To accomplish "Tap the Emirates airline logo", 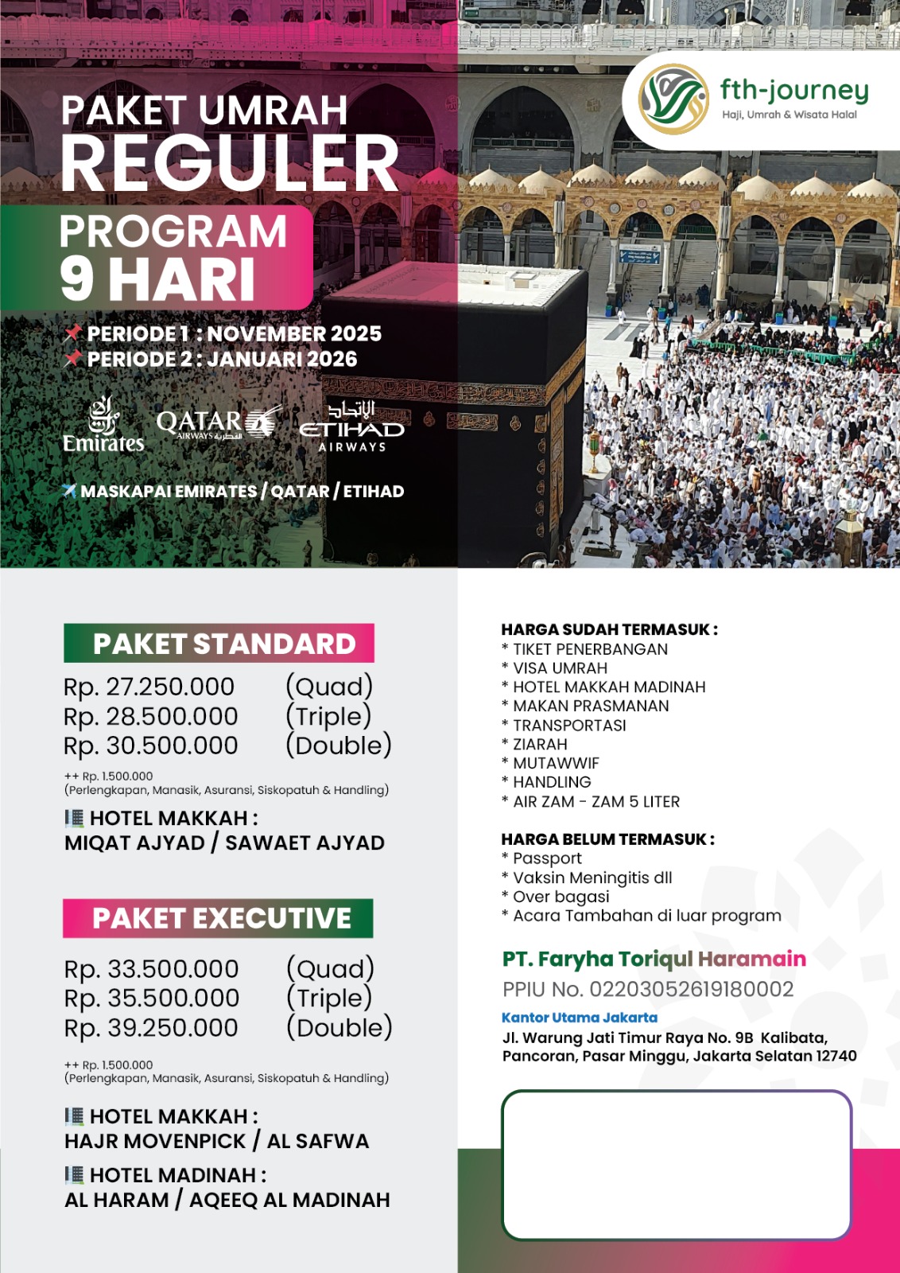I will click(x=103, y=426).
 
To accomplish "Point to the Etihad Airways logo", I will click(x=351, y=427).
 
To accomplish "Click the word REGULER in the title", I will click(x=230, y=164).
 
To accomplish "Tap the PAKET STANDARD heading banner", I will click(x=219, y=644).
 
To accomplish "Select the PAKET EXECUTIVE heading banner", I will click(x=219, y=918).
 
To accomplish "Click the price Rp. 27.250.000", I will click(x=149, y=687).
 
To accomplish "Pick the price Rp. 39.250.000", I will click(x=151, y=1027).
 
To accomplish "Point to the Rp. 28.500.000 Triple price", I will click(x=151, y=716).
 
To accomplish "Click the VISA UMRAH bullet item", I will click(x=560, y=668).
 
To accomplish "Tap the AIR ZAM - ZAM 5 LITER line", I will click(x=595, y=802).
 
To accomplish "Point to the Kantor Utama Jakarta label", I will click(x=580, y=1018).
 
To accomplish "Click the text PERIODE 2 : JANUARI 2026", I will click(x=222, y=360).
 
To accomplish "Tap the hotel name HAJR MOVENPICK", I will click(x=156, y=1141).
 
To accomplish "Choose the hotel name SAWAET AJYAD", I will click(x=305, y=843).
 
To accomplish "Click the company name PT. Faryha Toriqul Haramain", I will click(x=654, y=959).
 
